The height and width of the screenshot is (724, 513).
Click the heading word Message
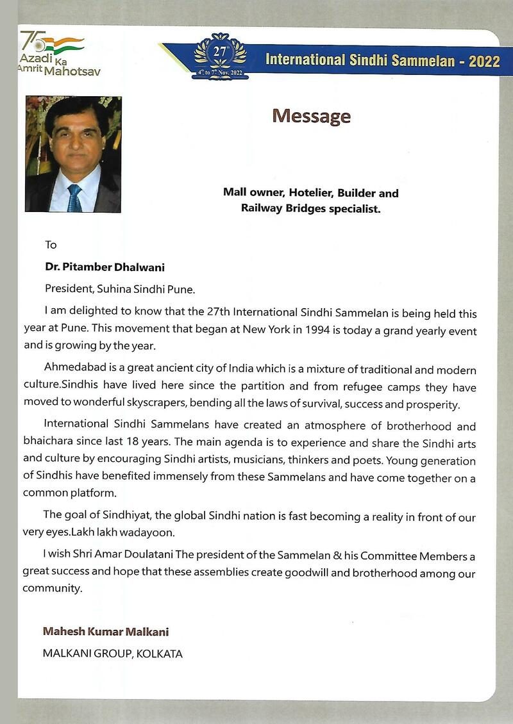point(311,116)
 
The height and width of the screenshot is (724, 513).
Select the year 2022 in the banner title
point(484,61)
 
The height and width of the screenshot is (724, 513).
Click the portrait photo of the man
point(73,154)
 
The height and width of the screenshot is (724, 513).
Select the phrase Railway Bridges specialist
point(310,208)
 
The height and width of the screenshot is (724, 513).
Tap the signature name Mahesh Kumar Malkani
point(106,632)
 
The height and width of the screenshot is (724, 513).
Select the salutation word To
point(51,244)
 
